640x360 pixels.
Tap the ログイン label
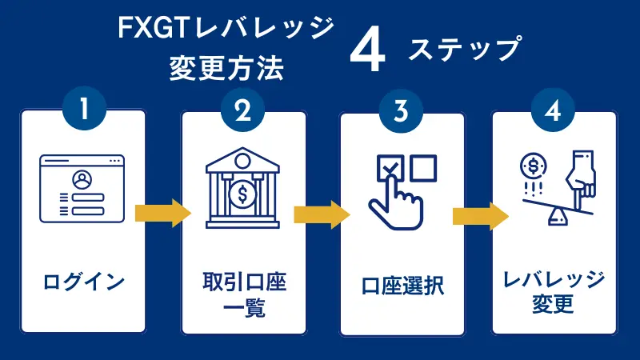pyautogui.click(x=84, y=282)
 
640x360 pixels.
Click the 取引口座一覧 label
pyautogui.click(x=243, y=294)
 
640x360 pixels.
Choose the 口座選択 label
pyautogui.click(x=402, y=283)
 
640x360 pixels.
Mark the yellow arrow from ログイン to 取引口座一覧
pyautogui.click(x=163, y=213)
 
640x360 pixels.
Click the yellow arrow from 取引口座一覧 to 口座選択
pyautogui.click(x=322, y=214)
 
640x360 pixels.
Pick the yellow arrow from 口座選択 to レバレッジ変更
pyautogui.click(x=481, y=216)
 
